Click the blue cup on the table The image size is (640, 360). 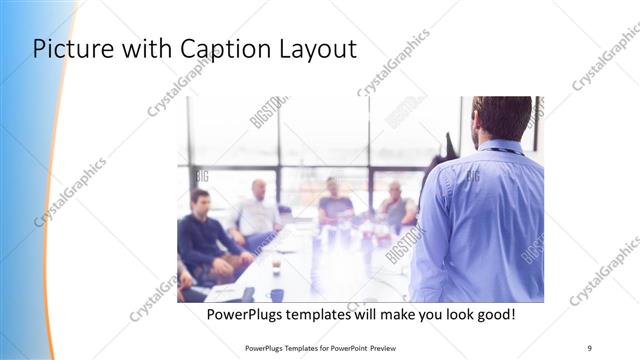277,294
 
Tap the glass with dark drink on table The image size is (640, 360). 276,268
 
